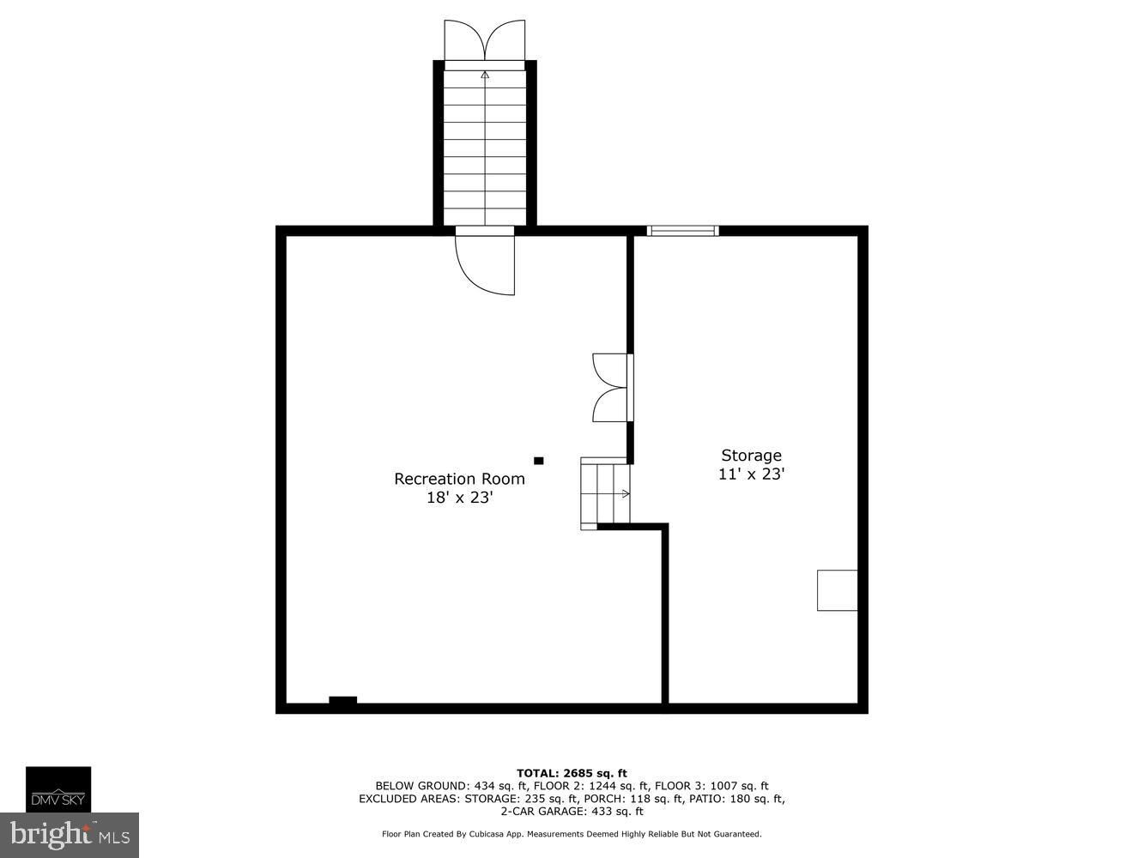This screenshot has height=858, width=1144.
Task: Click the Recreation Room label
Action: pos(459,479)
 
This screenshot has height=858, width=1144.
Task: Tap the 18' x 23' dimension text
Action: pos(459,498)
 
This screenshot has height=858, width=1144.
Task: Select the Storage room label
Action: pos(751,456)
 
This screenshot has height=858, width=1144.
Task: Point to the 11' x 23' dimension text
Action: pos(751,474)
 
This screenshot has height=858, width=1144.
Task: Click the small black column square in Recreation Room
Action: pos(539,461)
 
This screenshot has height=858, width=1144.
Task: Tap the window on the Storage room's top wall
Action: pos(682,230)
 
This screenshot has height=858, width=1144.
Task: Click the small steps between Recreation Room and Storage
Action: pos(605,493)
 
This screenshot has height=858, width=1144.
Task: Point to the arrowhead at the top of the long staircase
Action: pos(485,75)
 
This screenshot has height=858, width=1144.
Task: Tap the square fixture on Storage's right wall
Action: pos(837,590)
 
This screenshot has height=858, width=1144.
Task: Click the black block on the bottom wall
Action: pos(342,701)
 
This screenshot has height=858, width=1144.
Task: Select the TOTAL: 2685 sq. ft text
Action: pos(572,773)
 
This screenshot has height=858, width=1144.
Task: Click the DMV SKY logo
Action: pos(58,789)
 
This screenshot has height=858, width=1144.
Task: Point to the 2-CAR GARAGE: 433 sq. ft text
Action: pos(572,811)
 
